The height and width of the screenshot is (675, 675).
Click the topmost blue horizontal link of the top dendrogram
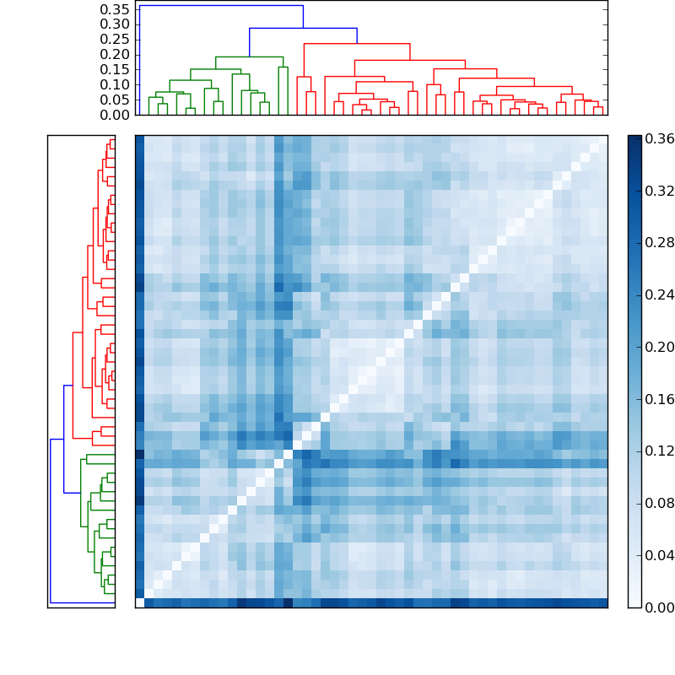click(221, 6)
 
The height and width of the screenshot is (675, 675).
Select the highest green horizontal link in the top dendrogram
click(249, 57)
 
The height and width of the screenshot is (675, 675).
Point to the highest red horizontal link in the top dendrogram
click(357, 43)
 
